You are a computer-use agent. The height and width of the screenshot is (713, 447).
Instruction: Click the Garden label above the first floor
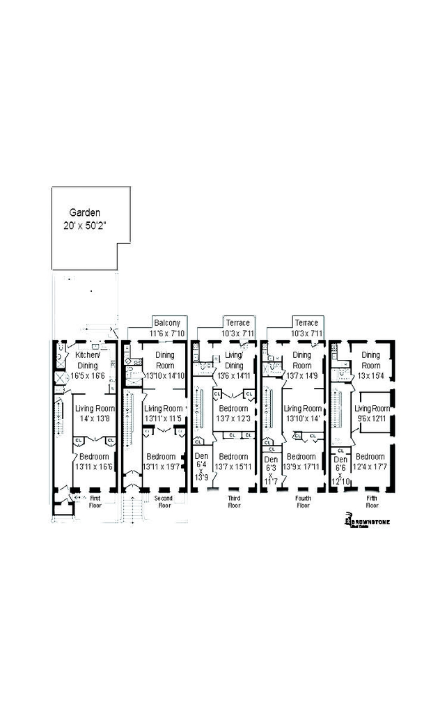point(84,212)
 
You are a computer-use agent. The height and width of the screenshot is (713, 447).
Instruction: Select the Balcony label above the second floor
point(167,323)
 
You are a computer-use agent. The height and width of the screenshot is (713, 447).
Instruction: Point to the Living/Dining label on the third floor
point(234,360)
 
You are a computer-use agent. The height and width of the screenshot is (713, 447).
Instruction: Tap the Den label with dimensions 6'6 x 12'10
point(340,460)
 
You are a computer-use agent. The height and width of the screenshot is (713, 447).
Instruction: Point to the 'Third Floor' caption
point(234,502)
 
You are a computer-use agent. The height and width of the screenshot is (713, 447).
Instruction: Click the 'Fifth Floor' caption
point(372,502)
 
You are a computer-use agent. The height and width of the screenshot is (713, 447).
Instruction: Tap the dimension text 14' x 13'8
point(94,418)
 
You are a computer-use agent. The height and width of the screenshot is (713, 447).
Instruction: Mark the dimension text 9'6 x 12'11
point(371,418)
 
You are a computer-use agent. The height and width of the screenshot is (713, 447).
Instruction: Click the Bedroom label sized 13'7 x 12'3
point(233,408)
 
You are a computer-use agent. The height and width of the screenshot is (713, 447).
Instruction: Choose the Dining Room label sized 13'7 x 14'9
point(302,359)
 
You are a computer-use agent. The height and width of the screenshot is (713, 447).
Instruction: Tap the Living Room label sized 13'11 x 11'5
point(164,408)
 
